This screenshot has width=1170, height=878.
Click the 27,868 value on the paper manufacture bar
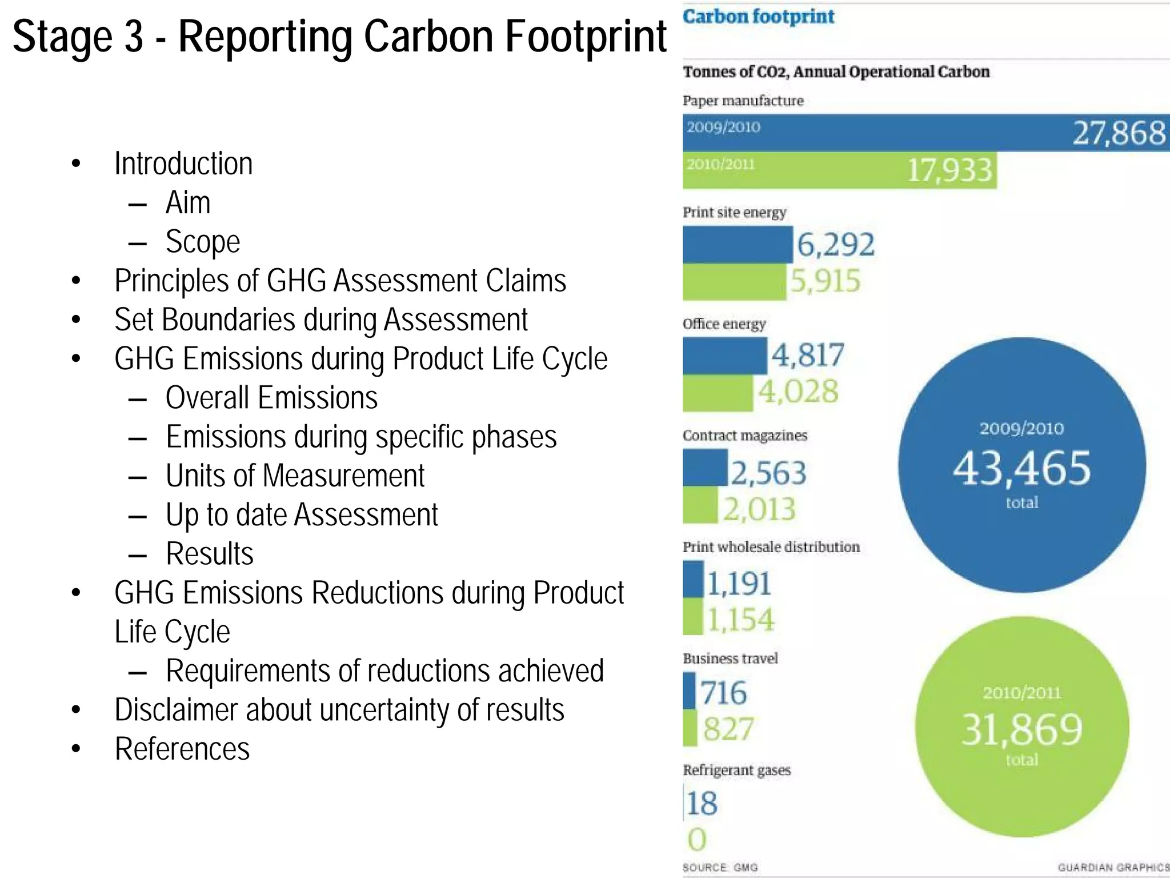click(x=1118, y=133)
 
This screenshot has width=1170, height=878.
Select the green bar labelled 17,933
click(x=839, y=170)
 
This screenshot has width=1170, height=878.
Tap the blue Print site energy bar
click(x=737, y=245)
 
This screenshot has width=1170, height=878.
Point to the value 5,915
click(x=825, y=281)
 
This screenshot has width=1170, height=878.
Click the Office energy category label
click(x=724, y=324)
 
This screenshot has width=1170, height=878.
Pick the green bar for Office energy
click(x=718, y=393)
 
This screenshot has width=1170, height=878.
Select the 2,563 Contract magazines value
click(x=768, y=473)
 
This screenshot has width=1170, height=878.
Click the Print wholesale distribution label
click(x=771, y=547)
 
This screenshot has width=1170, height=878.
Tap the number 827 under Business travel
click(x=728, y=729)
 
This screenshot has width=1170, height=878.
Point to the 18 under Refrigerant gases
click(x=702, y=803)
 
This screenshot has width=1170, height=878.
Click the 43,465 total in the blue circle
click(x=1021, y=468)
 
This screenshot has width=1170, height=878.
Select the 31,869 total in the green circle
click(x=1021, y=730)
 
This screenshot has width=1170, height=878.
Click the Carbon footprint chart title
click(x=758, y=17)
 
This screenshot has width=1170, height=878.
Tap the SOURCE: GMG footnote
click(x=720, y=867)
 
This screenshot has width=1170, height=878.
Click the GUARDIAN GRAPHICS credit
click(x=1113, y=867)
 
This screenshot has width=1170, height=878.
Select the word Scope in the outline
click(x=202, y=242)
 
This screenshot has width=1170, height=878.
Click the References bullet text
click(x=182, y=749)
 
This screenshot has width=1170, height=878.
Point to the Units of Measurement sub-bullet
click(x=295, y=476)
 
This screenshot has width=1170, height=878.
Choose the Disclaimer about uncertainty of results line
click(x=339, y=710)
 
